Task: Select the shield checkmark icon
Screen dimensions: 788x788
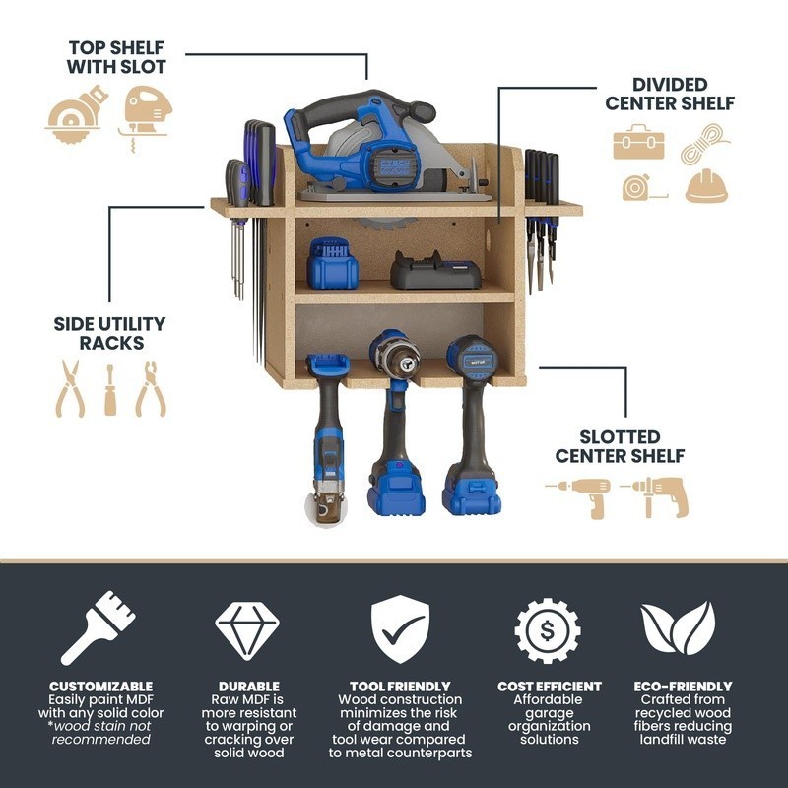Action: (x=400, y=628)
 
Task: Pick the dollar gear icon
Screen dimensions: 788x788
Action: (x=547, y=629)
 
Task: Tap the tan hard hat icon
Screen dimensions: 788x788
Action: (x=706, y=185)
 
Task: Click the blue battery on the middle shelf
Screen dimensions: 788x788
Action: (x=333, y=263)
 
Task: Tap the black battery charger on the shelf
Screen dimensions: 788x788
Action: (x=436, y=269)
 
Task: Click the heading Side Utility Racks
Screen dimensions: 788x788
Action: (x=109, y=333)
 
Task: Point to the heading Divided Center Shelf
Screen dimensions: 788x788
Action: (x=670, y=94)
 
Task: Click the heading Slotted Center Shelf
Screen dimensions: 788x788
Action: (x=620, y=446)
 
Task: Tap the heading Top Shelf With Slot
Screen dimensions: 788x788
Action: (x=116, y=57)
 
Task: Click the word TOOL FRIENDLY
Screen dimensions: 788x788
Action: (x=400, y=686)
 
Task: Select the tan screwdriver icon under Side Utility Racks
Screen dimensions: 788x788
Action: (x=110, y=389)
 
